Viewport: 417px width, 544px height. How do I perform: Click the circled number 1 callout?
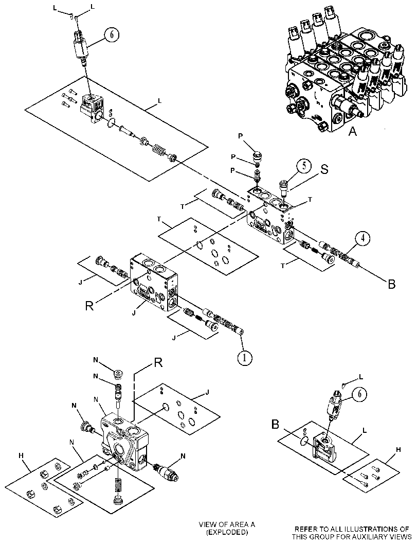click(245, 358)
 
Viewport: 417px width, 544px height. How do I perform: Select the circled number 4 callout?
click(362, 238)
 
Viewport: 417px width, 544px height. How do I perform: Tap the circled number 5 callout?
click(303, 166)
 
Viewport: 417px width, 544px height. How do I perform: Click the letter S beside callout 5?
click(324, 169)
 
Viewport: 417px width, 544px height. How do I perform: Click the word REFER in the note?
click(306, 529)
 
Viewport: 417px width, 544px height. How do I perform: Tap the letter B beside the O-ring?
click(275, 424)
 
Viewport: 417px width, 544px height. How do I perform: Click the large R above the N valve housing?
click(158, 362)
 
